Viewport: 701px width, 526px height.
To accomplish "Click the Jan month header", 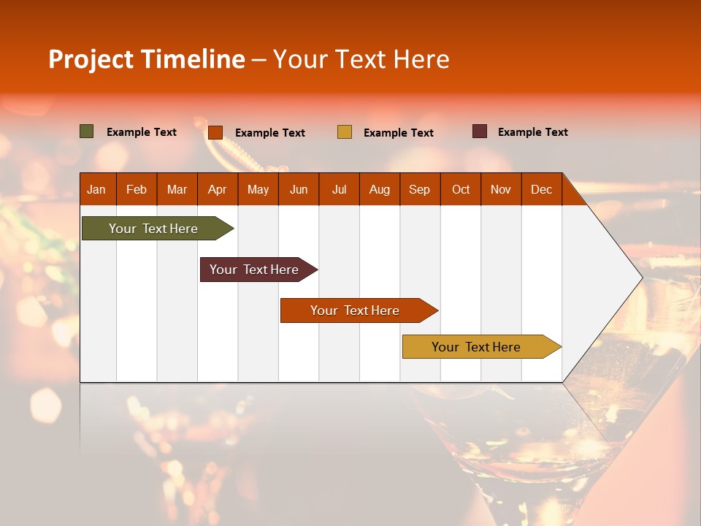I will coord(97,189).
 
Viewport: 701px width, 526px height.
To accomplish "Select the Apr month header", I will coord(218,189).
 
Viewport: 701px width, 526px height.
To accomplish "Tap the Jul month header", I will coord(340,189).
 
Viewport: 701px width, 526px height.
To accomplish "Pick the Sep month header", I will coord(420,189).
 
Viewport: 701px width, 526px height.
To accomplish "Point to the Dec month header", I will coord(542,189).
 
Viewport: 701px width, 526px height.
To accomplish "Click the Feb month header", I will coord(137,189).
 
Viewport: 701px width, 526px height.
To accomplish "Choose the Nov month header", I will coord(501,189).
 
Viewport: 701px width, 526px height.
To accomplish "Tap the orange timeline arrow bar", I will coord(356,310).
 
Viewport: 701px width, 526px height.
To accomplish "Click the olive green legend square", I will coord(87,131).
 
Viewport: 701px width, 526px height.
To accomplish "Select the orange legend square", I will coord(215,132).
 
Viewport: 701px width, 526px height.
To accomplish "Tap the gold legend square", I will coord(345,132).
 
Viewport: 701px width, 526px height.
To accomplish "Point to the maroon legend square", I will coord(480,131).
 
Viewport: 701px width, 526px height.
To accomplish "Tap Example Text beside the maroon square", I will coord(532,132).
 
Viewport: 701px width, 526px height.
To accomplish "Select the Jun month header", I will coord(299,189).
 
